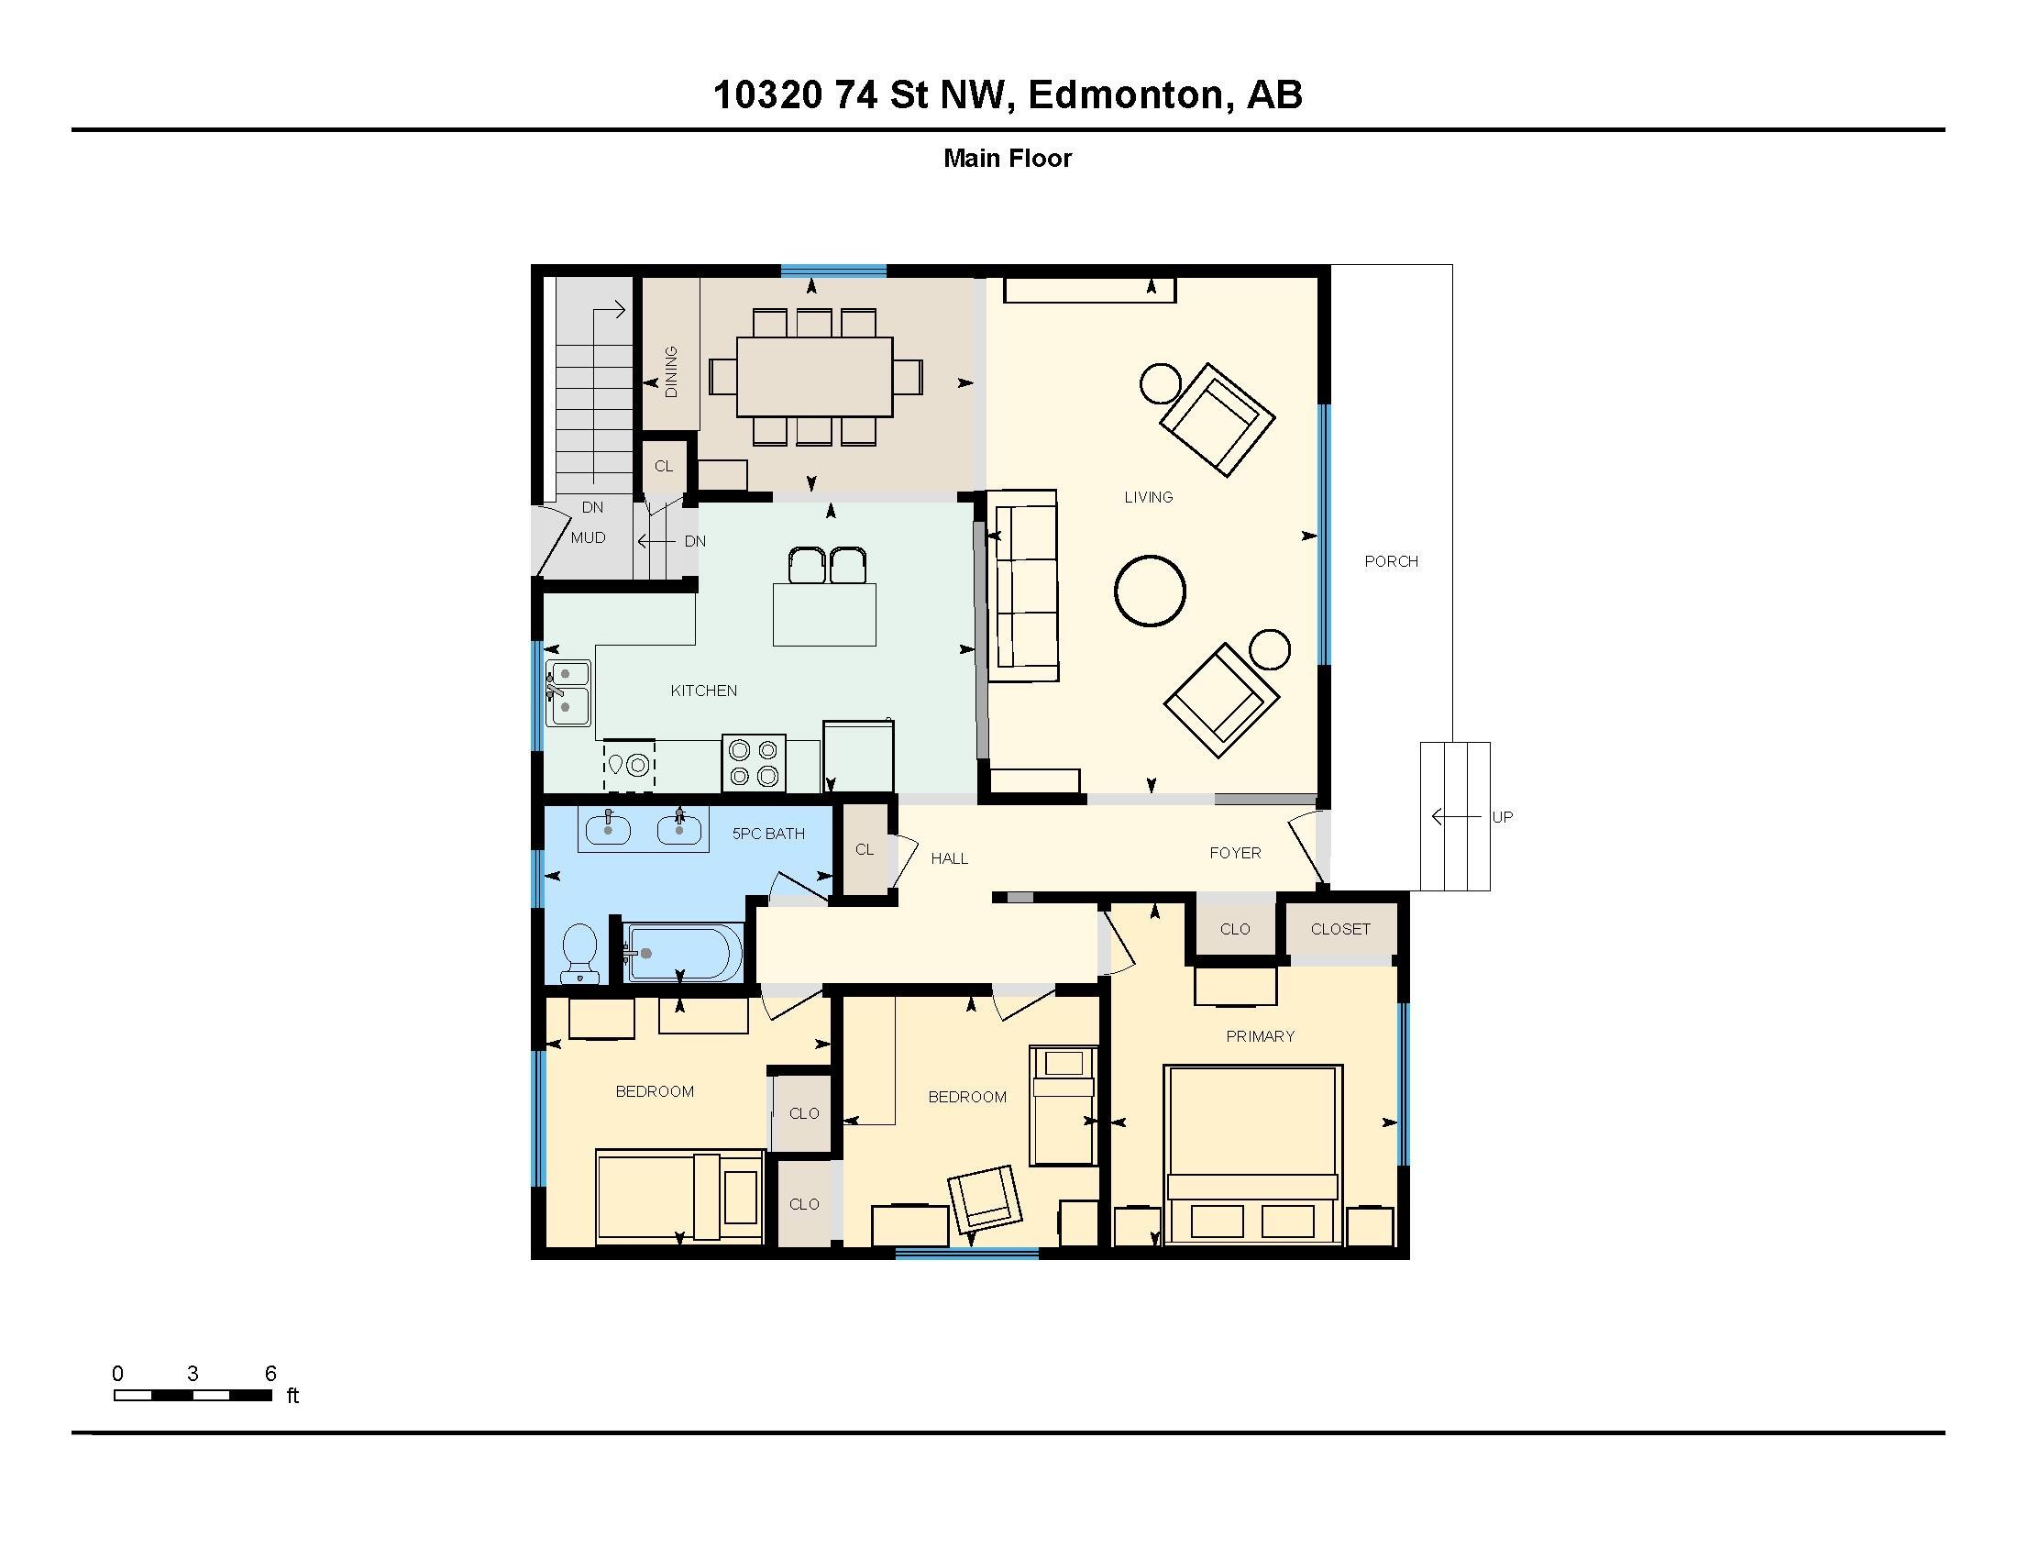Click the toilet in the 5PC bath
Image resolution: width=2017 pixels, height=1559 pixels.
580,951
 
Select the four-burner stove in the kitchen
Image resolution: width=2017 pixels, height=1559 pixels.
753,763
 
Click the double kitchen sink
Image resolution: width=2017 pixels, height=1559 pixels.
568,691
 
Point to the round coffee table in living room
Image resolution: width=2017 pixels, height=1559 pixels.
1149,592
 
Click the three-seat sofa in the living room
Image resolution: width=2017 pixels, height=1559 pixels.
1022,587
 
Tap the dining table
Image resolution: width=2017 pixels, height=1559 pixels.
814,377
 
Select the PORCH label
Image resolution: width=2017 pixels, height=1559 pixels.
1391,561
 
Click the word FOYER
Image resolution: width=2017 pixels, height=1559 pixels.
1235,854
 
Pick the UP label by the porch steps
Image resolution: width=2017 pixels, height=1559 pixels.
1502,817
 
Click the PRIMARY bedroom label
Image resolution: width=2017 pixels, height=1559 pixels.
1260,1036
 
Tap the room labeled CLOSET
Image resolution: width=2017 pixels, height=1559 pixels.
1340,929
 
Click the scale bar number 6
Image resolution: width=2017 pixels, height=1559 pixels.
270,1374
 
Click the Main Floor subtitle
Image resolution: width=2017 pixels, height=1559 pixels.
1007,159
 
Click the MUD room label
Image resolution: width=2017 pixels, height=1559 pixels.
589,537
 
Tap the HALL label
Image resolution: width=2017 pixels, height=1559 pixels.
949,859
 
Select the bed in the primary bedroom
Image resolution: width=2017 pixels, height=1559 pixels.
1252,1155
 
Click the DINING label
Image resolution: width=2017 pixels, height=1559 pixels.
671,371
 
